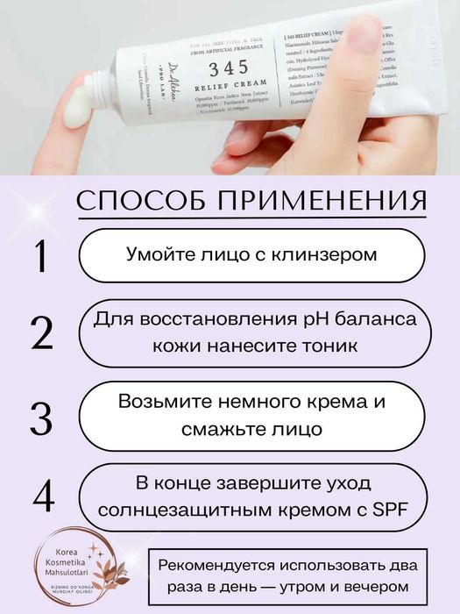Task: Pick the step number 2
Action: pyautogui.click(x=40, y=334)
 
